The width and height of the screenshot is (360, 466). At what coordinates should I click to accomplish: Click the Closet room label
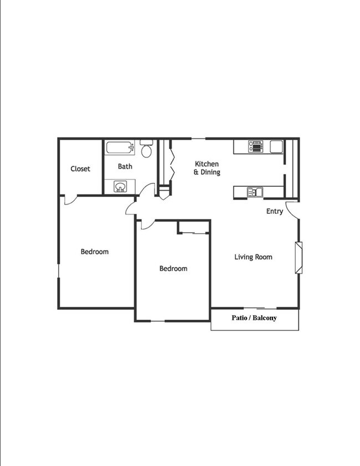pos(80,169)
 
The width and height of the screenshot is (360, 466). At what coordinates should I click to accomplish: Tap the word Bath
pos(125,166)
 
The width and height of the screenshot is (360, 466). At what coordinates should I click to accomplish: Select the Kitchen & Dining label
pos(207,168)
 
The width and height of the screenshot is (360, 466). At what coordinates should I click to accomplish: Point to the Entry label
pos(275,211)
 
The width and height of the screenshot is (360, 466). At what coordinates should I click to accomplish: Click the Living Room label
pos(253,257)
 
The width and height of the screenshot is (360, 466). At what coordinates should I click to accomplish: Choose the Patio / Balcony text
pos(254,318)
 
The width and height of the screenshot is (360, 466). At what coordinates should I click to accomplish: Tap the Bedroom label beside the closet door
pos(95,252)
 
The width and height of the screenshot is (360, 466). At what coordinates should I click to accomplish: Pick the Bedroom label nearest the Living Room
pos(173,269)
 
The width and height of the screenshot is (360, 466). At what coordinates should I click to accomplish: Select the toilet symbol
pos(146,150)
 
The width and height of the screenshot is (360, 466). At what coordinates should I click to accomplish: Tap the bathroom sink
pos(121,187)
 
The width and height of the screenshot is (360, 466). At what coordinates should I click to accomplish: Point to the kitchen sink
pos(256,192)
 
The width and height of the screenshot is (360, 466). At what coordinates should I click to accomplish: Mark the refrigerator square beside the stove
pos(276,146)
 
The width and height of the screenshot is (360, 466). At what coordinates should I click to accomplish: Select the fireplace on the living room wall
pos(299,257)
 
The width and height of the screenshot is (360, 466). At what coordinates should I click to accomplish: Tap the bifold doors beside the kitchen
pos(172,161)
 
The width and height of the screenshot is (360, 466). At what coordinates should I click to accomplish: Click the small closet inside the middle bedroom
pos(193,227)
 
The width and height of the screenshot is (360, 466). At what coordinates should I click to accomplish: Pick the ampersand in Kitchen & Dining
pos(196,172)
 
